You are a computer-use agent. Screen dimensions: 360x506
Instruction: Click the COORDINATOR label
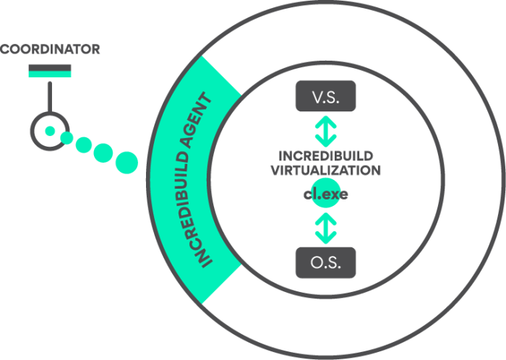50,49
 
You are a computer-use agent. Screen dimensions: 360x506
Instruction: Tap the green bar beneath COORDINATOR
50,67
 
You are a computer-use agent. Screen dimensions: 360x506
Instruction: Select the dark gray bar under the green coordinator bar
50,74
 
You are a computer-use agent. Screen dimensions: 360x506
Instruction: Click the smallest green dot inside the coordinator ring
50,132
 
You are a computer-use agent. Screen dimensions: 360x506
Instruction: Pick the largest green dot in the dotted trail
126,162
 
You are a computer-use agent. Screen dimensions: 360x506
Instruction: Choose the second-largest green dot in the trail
103,153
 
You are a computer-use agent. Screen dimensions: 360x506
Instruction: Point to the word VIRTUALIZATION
325,171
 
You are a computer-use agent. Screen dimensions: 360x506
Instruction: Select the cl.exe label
326,196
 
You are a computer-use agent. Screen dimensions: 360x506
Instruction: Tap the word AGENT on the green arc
201,124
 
